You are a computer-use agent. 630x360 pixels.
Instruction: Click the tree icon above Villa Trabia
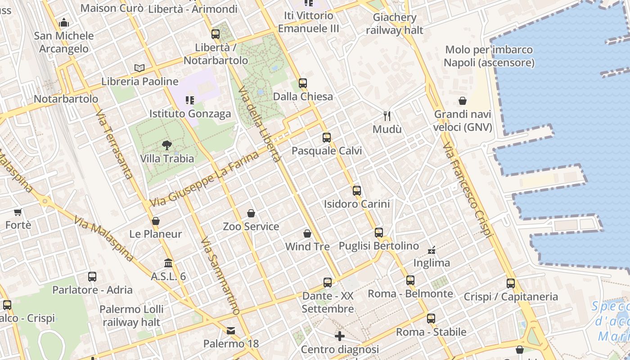[167, 145]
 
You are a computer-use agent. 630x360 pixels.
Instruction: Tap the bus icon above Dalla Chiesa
[303, 83]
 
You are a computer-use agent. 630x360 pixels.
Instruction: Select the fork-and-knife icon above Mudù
[387, 116]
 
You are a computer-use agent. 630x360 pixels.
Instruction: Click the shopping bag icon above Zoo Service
[251, 213]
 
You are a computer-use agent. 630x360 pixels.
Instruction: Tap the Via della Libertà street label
[260, 123]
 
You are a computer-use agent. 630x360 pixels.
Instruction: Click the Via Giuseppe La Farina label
[205, 179]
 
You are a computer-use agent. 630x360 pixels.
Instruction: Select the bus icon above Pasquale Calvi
[327, 138]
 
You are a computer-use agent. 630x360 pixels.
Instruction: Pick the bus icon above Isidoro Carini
[357, 191]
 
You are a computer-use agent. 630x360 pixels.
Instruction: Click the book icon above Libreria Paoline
[139, 68]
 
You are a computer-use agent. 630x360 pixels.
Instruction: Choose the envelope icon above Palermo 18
[231, 331]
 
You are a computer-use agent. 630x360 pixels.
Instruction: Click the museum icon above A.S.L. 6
[168, 263]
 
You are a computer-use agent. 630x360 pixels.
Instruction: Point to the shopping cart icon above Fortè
[18, 212]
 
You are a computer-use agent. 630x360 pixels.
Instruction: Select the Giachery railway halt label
[395, 24]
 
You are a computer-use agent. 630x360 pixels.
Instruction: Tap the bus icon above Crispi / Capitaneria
[511, 283]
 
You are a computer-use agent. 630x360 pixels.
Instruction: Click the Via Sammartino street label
[220, 275]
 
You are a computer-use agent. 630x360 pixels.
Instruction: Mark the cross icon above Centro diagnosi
[340, 336]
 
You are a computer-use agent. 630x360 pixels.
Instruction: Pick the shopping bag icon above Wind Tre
[307, 234]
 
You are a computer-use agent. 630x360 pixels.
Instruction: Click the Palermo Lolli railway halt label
[131, 315]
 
